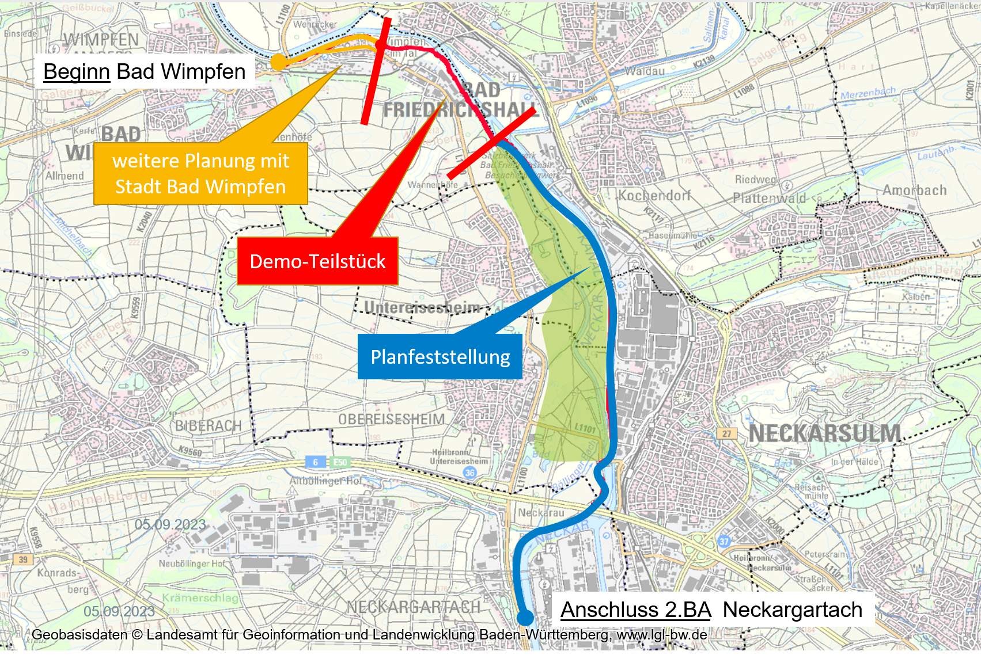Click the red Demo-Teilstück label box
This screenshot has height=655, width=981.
[317, 261]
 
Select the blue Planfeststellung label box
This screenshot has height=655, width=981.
[440, 357]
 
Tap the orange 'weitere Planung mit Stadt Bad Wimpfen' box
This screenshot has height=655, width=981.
[200, 174]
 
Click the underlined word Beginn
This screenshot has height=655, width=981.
[77, 72]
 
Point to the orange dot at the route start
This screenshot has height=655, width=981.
[278, 62]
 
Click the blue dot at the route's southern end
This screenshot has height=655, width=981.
[525, 618]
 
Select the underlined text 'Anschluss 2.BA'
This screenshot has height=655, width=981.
[636, 610]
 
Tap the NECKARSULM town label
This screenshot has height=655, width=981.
[824, 433]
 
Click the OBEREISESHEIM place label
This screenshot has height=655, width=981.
[391, 419]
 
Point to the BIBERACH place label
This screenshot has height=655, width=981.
[208, 426]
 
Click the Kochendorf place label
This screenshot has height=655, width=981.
[654, 195]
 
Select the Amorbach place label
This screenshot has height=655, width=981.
[914, 190]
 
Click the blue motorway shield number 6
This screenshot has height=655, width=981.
[315, 462]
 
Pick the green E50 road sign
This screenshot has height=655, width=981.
[340, 462]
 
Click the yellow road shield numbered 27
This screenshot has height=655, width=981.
[727, 433]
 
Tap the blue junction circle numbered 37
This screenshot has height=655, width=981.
[724, 541]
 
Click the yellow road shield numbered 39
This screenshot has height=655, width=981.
[23, 559]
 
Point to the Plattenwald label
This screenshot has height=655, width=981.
[769, 198]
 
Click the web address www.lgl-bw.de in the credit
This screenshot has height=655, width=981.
[662, 635]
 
